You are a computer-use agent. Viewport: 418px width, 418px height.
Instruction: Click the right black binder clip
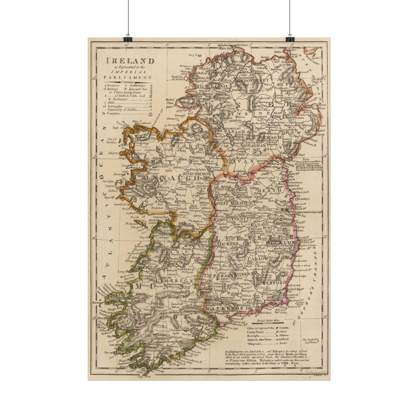click(x=290, y=39)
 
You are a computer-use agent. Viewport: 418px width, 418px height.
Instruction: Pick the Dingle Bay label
click(x=115, y=308)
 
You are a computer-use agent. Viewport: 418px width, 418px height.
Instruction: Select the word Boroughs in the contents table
click(x=114, y=106)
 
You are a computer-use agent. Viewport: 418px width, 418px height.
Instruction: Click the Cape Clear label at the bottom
click(x=145, y=377)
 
